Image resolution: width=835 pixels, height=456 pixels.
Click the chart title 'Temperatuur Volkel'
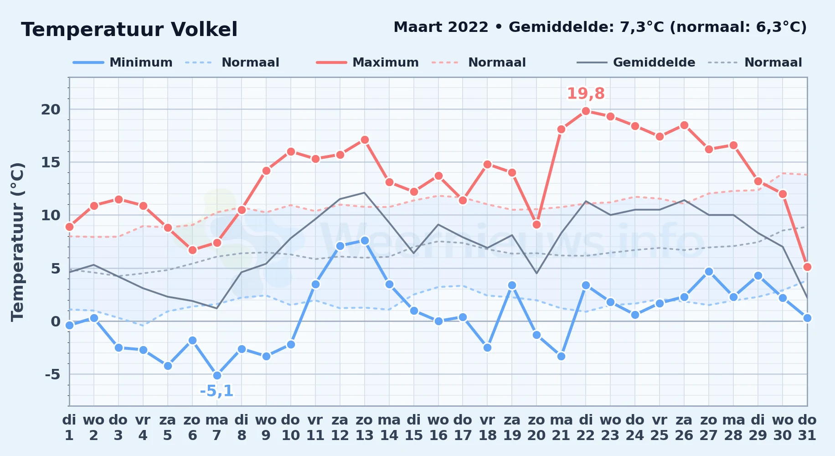[129, 30]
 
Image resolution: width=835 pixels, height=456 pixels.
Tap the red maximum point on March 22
[586, 111]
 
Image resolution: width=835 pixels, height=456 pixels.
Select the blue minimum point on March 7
[217, 375]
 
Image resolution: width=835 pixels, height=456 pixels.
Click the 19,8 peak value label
[586, 93]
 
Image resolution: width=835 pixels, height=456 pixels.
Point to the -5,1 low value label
[217, 391]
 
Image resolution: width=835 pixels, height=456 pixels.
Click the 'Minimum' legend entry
[123, 62]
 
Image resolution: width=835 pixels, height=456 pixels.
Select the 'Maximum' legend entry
[368, 62]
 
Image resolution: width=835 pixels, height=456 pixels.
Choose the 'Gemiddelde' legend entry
[636, 62]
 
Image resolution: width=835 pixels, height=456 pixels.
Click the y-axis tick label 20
[51, 109]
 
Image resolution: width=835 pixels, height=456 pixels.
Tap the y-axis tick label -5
[53, 374]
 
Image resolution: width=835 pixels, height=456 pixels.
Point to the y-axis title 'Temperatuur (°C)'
[17, 242]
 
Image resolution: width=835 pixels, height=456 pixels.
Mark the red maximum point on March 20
[536, 224]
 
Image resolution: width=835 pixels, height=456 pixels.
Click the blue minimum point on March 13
[364, 240]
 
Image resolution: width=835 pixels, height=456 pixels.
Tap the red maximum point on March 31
[807, 267]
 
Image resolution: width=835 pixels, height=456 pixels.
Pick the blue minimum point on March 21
[561, 356]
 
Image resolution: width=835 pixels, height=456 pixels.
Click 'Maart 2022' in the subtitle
[441, 27]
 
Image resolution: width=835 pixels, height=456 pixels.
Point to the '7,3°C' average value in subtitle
[642, 27]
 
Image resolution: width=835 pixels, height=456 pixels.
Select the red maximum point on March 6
[192, 250]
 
